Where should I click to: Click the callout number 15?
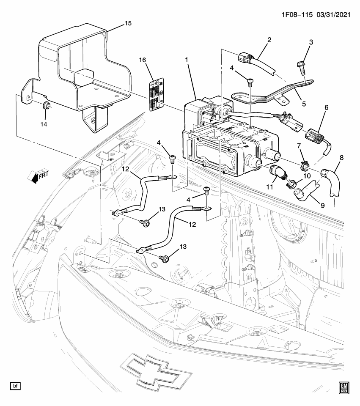pyautogui.click(x=127, y=23)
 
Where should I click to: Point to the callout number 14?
pyautogui.click(x=44, y=124)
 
